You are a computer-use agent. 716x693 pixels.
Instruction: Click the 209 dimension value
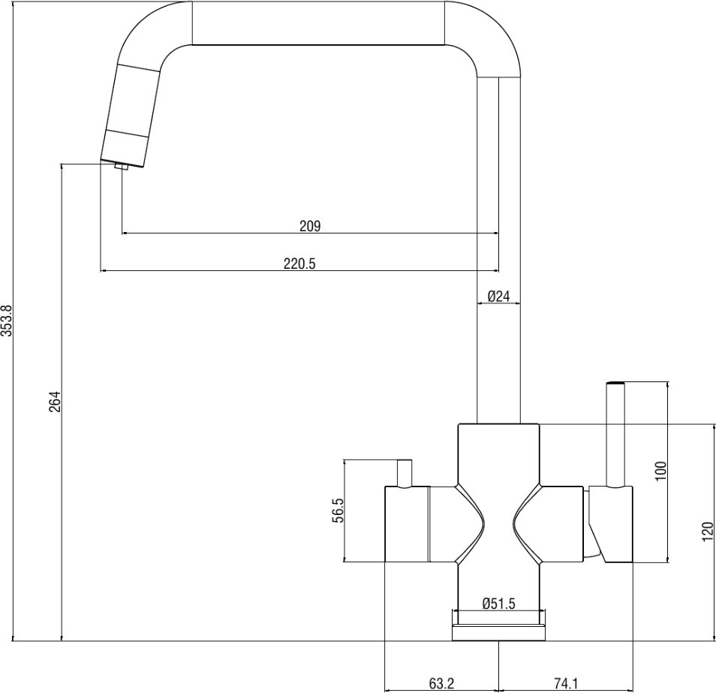tap(310, 226)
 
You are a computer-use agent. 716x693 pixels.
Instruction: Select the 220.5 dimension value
tap(299, 264)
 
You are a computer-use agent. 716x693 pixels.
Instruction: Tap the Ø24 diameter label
tap(498, 296)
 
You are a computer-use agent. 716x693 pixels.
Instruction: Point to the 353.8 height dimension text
tap(8, 321)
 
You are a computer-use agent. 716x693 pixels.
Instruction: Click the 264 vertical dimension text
tap(55, 402)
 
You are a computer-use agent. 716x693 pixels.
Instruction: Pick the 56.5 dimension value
tap(338, 511)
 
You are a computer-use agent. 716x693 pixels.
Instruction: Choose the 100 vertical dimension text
tap(660, 471)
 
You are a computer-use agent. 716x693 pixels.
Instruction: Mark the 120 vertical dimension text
tap(707, 532)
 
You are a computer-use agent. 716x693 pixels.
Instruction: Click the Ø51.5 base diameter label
tap(498, 604)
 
